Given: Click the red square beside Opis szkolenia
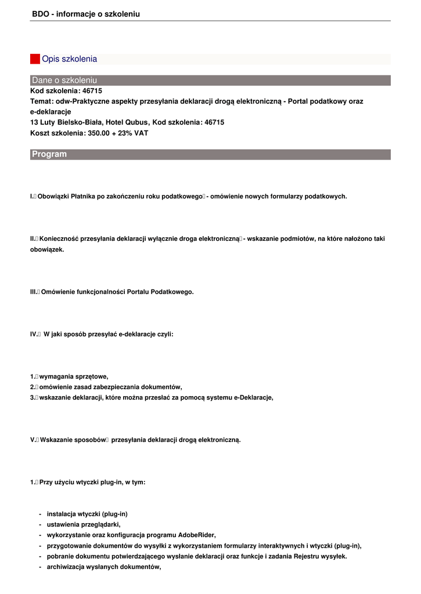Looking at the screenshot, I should pos(35,59).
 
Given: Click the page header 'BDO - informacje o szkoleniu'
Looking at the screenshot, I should pos(86,13).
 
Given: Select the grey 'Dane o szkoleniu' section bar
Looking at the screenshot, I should pos(210,80).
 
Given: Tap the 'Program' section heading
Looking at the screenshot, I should pos(49,154).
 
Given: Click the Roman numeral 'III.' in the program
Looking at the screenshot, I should pos(34,292).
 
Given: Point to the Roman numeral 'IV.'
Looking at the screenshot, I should pos(34,334).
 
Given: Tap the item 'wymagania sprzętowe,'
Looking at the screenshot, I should pos(74,376).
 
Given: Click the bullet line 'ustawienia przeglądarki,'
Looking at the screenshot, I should pos(84,524).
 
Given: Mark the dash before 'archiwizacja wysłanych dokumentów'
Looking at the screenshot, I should pos(39,567).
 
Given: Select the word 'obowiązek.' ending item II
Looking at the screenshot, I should pos(47,249).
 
